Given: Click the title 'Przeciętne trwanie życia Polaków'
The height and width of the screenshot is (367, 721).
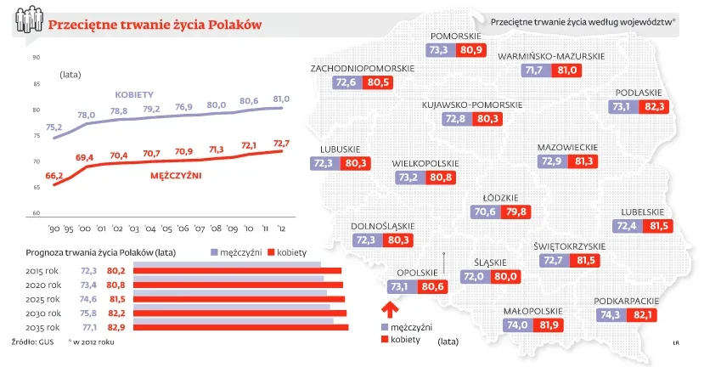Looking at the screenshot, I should coord(154,24).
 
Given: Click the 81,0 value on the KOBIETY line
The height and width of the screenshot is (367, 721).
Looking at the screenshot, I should coord(280,99).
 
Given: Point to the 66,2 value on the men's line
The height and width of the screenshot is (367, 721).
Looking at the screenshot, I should coord(54,175).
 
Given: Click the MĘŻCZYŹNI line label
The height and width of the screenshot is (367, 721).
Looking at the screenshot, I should coord(180,176).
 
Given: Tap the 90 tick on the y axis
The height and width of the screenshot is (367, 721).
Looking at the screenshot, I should coord(36,58).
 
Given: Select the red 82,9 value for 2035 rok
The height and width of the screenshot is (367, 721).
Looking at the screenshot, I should coord(116,327).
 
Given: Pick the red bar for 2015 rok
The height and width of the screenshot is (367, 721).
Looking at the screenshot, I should coord(238,270).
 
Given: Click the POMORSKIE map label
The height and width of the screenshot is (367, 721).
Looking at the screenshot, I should coord(456,36).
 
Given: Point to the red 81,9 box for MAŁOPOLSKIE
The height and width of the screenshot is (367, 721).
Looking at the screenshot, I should coord(549,325).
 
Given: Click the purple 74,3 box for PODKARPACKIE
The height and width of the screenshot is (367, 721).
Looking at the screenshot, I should coord(610,315).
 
